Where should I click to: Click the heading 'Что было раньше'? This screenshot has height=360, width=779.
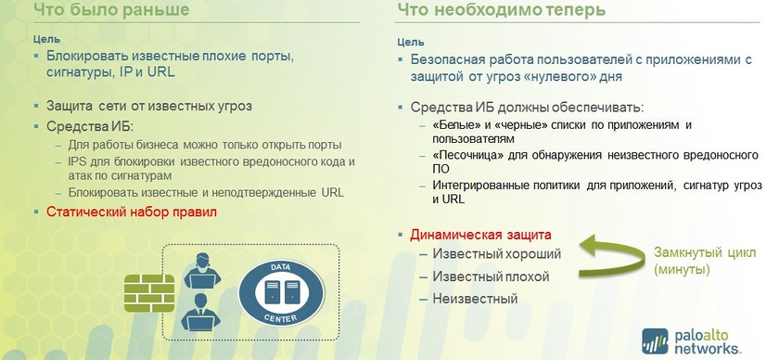(111, 9)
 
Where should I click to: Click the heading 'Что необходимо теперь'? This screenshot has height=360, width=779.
(502, 9)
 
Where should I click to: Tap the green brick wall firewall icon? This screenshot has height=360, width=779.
(149, 293)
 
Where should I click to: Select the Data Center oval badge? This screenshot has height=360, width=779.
(281, 293)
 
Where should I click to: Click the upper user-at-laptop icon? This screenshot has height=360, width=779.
(202, 271)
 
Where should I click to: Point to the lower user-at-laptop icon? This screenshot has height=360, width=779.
(200, 312)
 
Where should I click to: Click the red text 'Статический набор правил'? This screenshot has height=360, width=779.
(132, 212)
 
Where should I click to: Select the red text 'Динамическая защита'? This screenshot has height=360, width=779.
(480, 235)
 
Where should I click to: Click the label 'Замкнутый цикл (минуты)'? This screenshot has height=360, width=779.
(704, 261)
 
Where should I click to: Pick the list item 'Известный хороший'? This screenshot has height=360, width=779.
(497, 253)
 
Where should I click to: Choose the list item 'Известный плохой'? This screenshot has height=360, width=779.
(491, 276)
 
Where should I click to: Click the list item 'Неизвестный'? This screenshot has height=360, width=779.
(475, 299)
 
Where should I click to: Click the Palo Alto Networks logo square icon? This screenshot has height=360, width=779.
(655, 341)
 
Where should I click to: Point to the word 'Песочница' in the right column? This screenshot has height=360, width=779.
(468, 155)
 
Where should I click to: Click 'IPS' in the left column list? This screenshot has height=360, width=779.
(78, 162)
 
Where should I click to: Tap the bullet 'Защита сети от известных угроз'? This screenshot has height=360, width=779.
(149, 106)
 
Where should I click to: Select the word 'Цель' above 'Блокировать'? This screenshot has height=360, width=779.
(46, 39)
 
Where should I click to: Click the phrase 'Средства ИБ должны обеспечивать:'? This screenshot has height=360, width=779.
(527, 108)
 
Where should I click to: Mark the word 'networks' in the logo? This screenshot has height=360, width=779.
(708, 347)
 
